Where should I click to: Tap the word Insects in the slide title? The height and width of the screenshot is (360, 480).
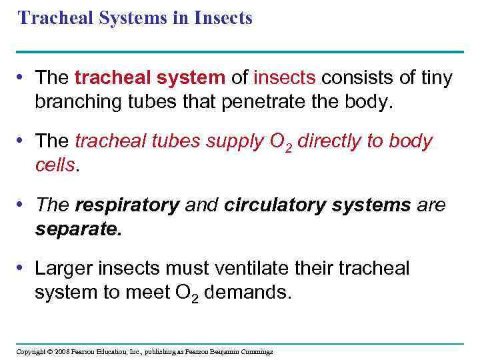point(223,18)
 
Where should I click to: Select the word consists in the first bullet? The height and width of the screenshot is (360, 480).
point(353,78)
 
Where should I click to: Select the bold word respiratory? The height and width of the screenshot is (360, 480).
point(127,206)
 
